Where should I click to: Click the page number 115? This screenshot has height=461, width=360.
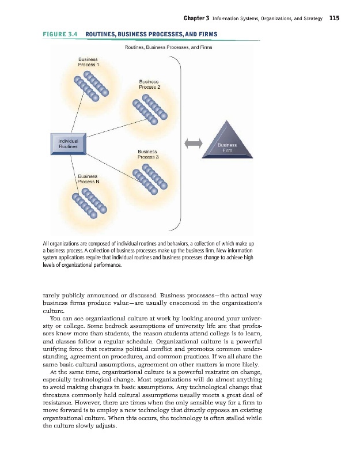coord(334,18)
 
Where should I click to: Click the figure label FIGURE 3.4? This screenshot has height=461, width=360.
coord(60,35)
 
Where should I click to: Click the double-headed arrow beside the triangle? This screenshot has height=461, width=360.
coord(192,142)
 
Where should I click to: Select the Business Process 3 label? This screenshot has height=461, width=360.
coord(148,154)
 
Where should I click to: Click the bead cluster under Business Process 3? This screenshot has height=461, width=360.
coord(150,180)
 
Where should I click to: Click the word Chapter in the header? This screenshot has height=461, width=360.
coord(195,18)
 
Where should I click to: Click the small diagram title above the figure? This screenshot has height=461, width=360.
coord(168,48)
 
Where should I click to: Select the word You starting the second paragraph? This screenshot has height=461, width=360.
coord(56,318)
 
